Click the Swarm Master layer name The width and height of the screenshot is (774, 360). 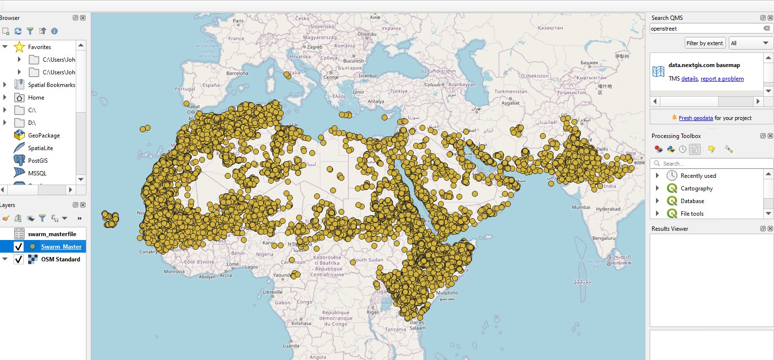point(61,247)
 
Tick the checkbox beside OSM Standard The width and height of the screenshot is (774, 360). point(19,259)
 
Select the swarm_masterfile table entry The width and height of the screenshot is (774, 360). point(52,234)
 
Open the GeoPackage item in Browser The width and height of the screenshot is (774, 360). point(44,136)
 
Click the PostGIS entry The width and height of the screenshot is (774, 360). point(38,161)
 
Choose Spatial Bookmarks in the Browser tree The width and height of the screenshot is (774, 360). point(51,85)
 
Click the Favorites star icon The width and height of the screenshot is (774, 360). point(19,47)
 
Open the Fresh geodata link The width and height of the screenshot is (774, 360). point(696,118)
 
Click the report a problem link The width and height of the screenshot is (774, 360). point(722,79)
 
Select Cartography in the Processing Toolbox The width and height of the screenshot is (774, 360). point(696,189)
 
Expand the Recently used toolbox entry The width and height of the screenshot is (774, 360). point(657,176)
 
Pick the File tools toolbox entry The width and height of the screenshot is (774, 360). point(692,214)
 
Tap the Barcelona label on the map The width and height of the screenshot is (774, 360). point(237,73)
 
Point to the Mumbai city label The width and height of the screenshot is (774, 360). point(581,207)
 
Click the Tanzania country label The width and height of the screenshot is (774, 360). point(395,329)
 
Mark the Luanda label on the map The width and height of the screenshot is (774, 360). point(291,346)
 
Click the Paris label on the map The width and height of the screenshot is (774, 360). point(238,21)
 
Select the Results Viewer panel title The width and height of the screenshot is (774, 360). point(670,229)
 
